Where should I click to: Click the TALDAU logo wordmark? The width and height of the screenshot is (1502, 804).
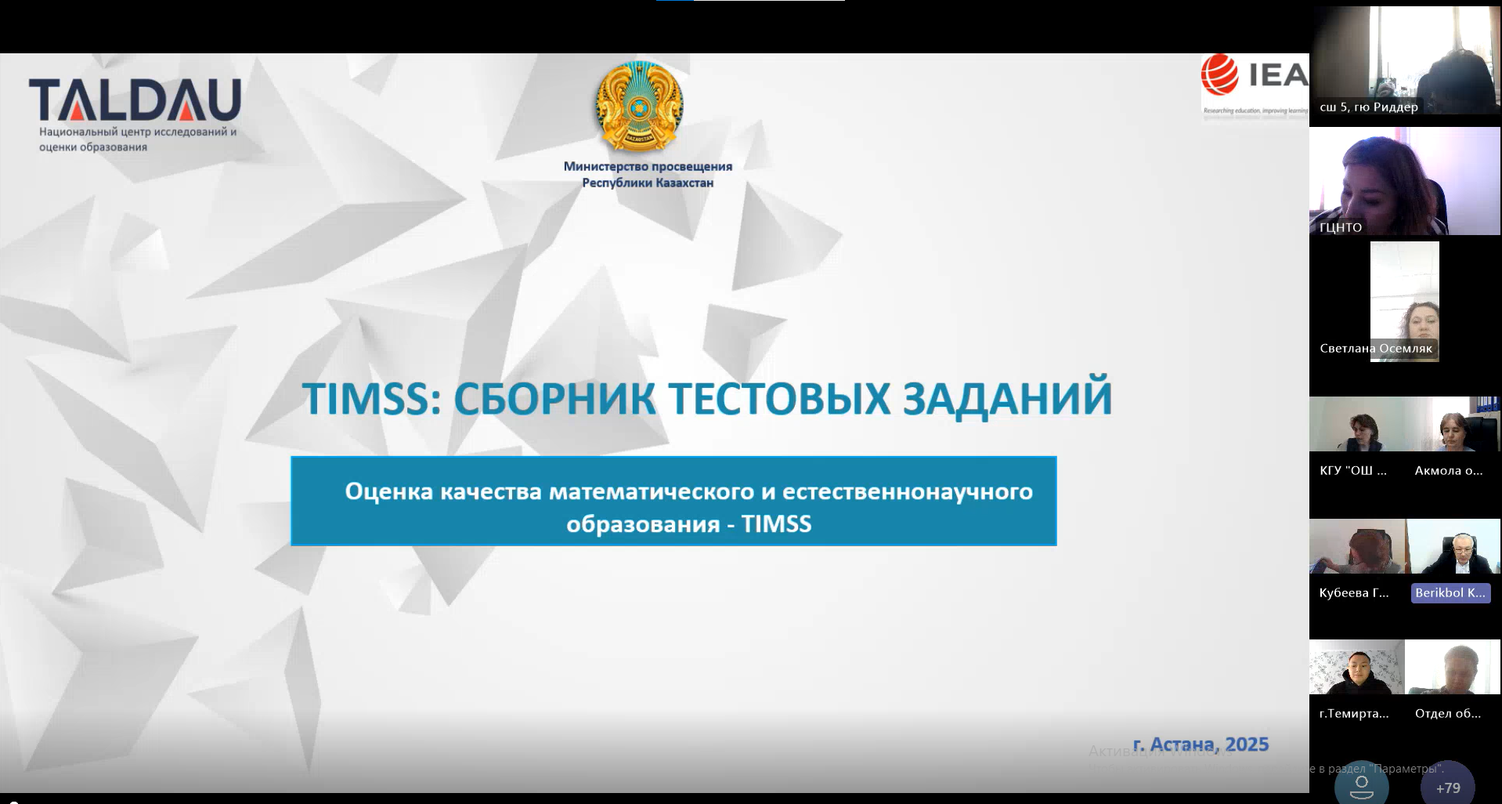pos(135,100)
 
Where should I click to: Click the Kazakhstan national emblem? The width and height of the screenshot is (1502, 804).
pos(639,107)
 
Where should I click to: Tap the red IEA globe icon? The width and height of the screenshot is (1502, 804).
pos(1219,75)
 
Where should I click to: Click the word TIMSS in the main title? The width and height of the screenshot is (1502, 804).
pos(366,398)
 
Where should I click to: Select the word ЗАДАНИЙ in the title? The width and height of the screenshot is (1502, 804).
pos(1007,398)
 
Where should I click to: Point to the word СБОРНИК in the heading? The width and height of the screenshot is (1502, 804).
pos(554,398)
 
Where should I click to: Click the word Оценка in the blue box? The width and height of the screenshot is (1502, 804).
pos(388,491)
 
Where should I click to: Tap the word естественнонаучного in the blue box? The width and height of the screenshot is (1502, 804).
pos(907,491)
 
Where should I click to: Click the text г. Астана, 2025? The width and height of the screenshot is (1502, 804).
pos(1201,744)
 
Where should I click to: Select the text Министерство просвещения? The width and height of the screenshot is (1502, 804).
pos(648,166)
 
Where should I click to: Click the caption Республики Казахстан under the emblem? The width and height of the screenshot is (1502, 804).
pos(648,183)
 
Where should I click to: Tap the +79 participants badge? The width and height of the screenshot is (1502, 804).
pos(1447,787)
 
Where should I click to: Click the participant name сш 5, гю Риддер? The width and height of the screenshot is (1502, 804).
pos(1368,107)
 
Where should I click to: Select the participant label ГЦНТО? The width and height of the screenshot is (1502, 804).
pos(1341,227)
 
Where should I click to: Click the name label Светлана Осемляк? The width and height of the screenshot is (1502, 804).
pos(1375,349)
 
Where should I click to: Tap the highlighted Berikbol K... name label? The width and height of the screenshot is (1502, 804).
pos(1450,593)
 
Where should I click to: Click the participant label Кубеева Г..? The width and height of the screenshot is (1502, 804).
pos(1353,593)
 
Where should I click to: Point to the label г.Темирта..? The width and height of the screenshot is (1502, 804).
pos(1353,714)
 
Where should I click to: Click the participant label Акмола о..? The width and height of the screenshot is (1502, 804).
pos(1448,471)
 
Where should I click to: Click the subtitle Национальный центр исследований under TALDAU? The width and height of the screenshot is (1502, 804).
pos(138,132)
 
